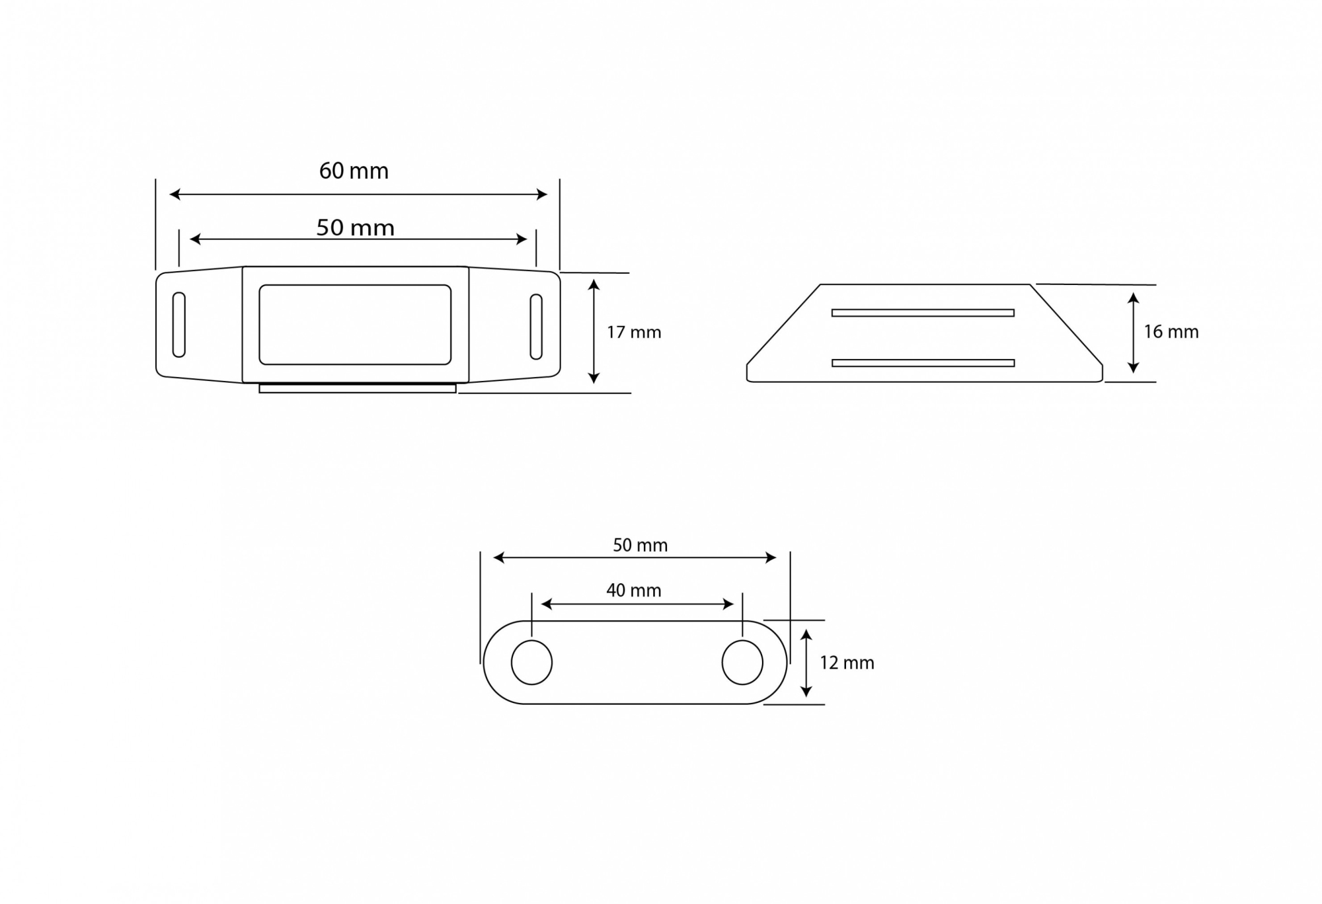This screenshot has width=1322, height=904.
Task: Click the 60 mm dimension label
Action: click(x=354, y=171)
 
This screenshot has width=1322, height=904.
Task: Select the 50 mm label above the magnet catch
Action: click(x=355, y=227)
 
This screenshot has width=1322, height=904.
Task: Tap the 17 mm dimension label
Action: click(x=634, y=332)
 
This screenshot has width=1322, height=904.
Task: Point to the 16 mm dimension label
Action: click(x=1171, y=332)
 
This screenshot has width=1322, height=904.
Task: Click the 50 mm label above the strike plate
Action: click(x=640, y=545)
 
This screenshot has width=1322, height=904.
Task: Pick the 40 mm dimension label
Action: click(x=634, y=590)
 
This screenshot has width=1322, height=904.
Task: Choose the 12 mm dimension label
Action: click(x=847, y=663)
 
